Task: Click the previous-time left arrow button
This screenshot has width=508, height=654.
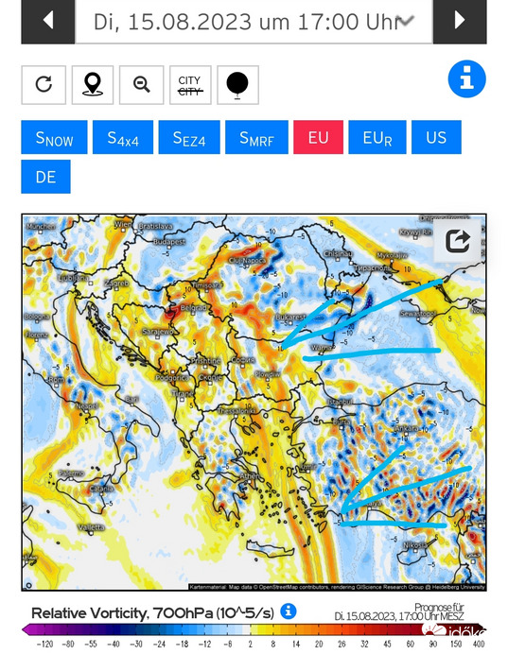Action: click(x=47, y=21)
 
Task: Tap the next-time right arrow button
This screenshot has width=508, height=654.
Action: click(x=460, y=21)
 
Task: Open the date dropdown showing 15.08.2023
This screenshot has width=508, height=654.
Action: click(x=253, y=21)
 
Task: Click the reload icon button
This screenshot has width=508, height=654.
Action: click(x=44, y=84)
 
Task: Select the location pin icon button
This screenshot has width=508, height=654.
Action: click(x=92, y=84)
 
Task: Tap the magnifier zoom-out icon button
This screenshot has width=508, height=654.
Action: click(x=142, y=84)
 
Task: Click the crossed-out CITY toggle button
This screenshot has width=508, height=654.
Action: click(x=189, y=84)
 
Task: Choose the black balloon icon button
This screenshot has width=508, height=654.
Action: click(x=237, y=84)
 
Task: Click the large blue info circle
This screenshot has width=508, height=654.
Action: click(x=466, y=80)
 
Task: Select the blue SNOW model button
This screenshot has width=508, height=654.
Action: click(x=54, y=138)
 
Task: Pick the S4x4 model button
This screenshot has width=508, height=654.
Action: click(x=123, y=138)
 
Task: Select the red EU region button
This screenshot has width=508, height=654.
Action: click(x=318, y=138)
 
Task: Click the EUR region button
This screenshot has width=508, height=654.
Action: click(x=377, y=138)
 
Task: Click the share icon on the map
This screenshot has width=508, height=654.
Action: click(x=457, y=242)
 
